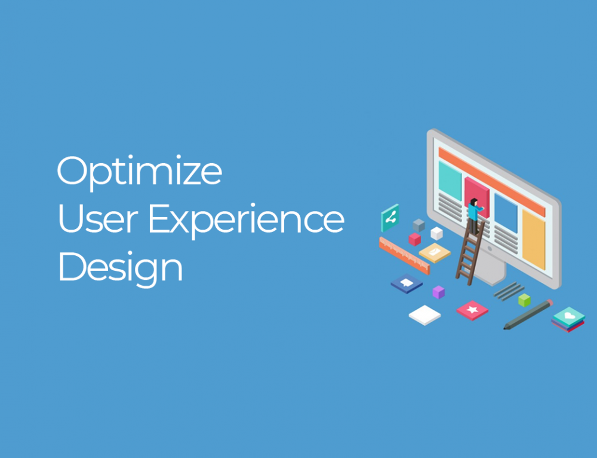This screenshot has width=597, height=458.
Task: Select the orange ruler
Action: (x=404, y=255)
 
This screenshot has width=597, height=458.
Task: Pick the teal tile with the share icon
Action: (x=390, y=218)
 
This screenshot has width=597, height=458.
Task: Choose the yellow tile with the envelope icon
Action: (x=435, y=252)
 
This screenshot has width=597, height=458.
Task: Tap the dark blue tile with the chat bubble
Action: (x=407, y=283)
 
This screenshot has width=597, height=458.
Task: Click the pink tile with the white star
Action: (x=472, y=310)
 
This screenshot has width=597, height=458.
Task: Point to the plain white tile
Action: (x=425, y=315)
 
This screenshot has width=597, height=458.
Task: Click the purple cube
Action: (x=438, y=292)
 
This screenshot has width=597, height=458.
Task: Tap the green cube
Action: (x=524, y=300)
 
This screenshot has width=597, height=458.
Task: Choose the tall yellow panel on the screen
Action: (x=533, y=239)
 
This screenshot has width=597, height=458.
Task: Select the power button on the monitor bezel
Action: (x=490, y=248)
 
